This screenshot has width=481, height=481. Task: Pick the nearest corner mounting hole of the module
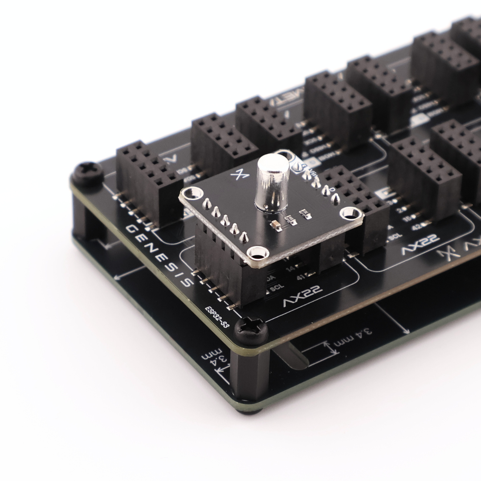pos(257,253)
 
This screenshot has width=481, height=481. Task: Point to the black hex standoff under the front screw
pos(249,374)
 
